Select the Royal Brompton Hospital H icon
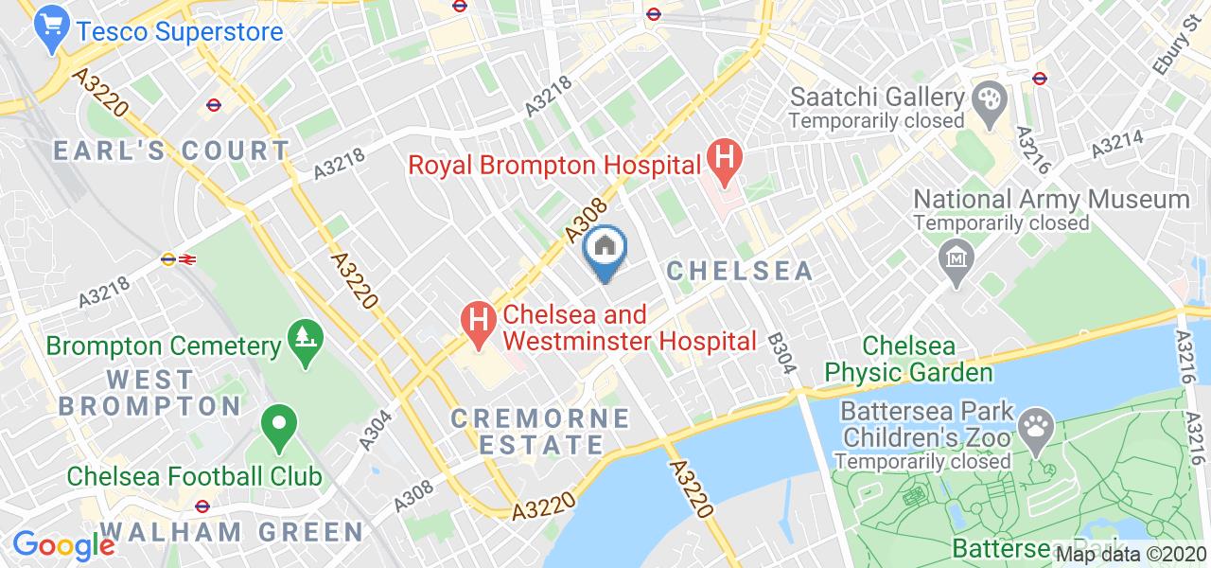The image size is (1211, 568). (726, 163)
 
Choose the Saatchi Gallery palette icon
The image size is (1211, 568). (988, 98)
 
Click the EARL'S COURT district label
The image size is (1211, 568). (171, 151)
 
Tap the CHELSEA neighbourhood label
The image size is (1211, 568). (740, 271)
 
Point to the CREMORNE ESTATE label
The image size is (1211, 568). (540, 431)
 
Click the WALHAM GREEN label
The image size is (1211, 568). (231, 531)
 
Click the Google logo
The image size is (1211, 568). (62, 544)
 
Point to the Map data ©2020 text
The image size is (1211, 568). (1132, 555)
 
